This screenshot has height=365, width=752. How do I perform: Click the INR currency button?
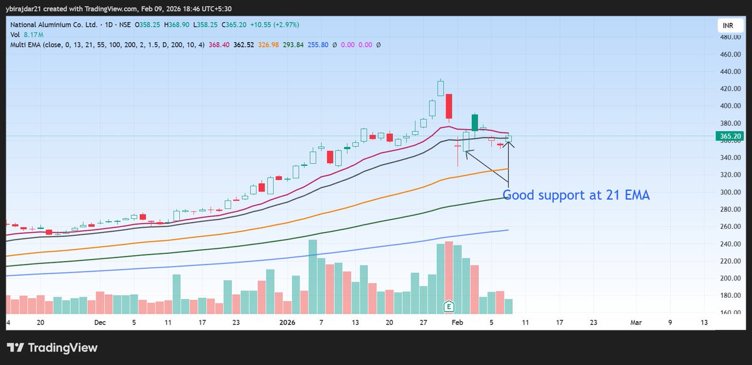(726, 26)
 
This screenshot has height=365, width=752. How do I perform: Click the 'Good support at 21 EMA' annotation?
(576, 196)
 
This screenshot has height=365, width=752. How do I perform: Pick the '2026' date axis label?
(287, 322)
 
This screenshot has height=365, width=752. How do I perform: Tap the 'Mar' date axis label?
(636, 322)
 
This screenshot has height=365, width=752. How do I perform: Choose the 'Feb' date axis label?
(459, 322)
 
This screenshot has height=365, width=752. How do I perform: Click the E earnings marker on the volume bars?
(449, 306)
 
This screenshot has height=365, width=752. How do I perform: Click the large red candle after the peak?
(449, 106)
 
